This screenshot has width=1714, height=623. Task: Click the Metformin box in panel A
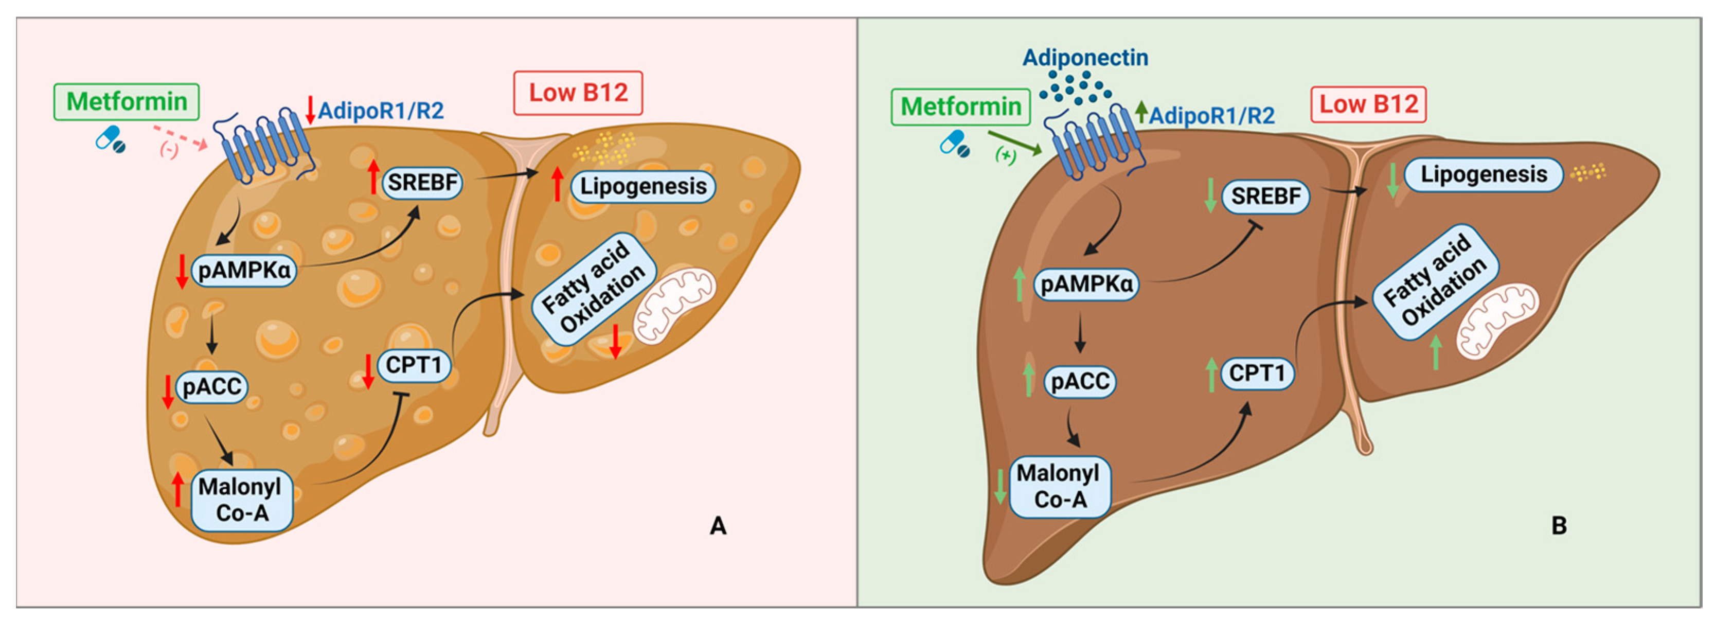[127, 102]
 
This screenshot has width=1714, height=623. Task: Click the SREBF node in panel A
[422, 183]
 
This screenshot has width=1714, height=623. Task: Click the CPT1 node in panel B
[1256, 373]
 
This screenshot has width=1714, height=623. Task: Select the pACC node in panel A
[211, 387]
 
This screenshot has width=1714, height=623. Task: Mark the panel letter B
[1559, 526]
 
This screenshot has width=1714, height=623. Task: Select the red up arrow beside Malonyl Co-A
[177, 489]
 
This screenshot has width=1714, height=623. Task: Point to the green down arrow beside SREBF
[1210, 195]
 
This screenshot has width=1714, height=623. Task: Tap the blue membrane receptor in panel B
[1091, 143]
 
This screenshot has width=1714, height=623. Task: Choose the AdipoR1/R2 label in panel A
[381, 111]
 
